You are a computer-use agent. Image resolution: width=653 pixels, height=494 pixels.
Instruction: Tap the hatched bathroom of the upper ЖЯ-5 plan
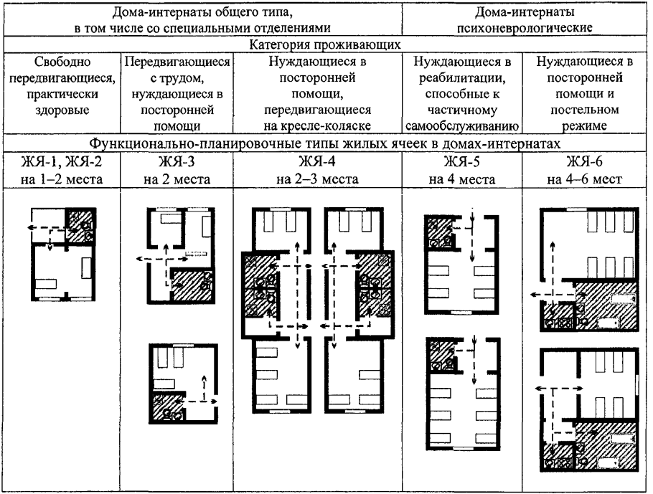437,234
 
